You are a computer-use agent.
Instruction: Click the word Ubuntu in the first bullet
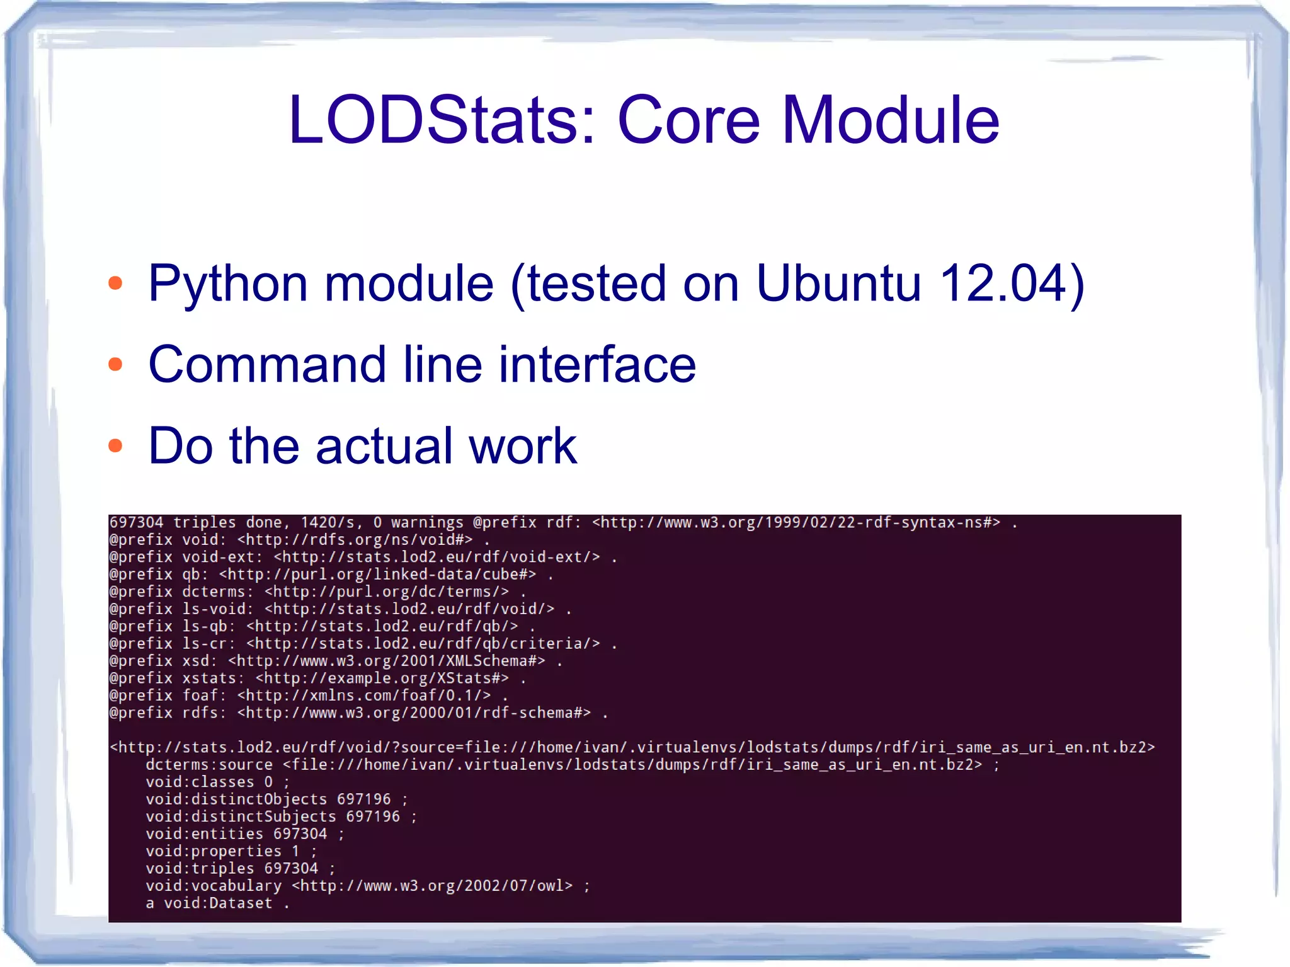(x=838, y=283)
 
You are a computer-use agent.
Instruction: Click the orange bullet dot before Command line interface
(x=115, y=364)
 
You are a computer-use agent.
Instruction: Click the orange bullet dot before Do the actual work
(x=115, y=446)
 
